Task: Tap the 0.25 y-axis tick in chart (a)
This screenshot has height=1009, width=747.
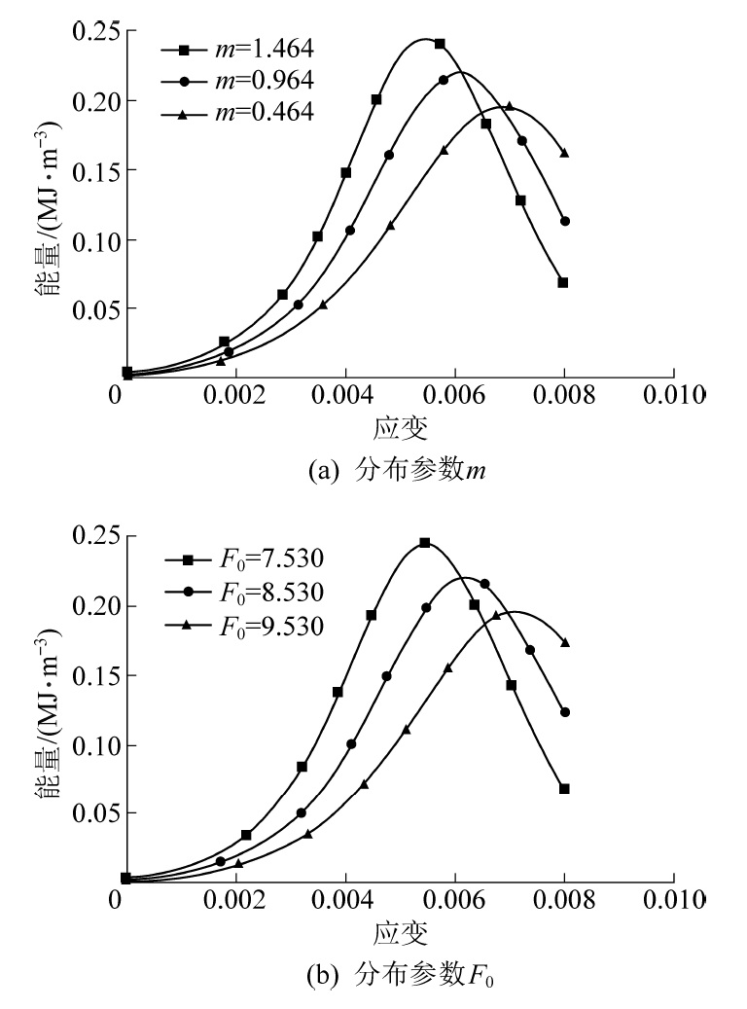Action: coord(95,33)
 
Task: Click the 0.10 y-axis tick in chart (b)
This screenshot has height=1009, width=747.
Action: coord(95,745)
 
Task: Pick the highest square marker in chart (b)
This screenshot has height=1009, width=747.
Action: coord(425,543)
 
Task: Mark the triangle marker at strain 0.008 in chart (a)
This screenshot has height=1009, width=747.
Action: coord(564,154)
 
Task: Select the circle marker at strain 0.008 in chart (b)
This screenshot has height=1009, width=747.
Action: coord(564,712)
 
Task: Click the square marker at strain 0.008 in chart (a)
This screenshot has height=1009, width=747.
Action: coord(563,283)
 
